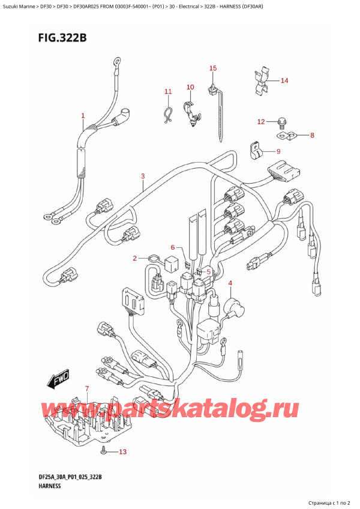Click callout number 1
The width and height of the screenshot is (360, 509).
click(x=83, y=116)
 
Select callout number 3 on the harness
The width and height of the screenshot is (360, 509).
click(x=143, y=176)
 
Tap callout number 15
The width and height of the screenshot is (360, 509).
click(x=212, y=68)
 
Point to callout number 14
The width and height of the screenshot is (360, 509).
click(x=284, y=80)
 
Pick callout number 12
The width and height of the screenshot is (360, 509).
click(x=260, y=122)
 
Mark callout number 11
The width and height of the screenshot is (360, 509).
click(x=169, y=92)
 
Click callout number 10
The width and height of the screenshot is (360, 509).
click(x=190, y=88)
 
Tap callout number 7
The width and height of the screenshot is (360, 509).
click(x=87, y=389)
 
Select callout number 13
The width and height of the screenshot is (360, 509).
click(x=124, y=451)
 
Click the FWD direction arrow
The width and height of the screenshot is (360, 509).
click(x=58, y=381)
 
